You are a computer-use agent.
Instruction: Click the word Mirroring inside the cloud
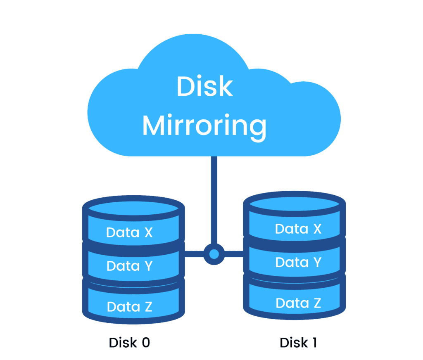(204, 126)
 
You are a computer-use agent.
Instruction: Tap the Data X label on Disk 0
(129, 232)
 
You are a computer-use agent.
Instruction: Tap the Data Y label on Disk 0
(129, 266)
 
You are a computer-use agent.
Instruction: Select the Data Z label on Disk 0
(129, 306)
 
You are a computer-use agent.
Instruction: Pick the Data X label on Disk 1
(298, 229)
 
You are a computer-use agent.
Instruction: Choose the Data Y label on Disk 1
(298, 262)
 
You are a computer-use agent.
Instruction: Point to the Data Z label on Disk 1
(298, 303)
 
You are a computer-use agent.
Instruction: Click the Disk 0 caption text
(129, 342)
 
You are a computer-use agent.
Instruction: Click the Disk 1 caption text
(298, 342)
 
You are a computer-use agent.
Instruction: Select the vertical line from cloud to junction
(214, 198)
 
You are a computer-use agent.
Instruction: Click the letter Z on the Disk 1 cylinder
(316, 303)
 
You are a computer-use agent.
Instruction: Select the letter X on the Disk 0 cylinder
(147, 232)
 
